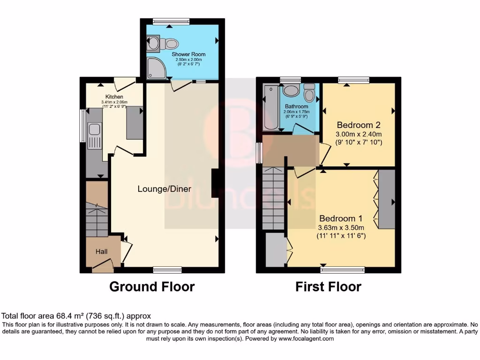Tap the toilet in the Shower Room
coord(170,44)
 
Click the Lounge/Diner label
coord(161,189)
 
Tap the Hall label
coord(102,252)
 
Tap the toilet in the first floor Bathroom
coord(309,93)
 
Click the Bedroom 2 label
coord(359,125)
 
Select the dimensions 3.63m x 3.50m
coord(341,227)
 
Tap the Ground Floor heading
coord(152,286)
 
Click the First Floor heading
coord(328,286)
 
